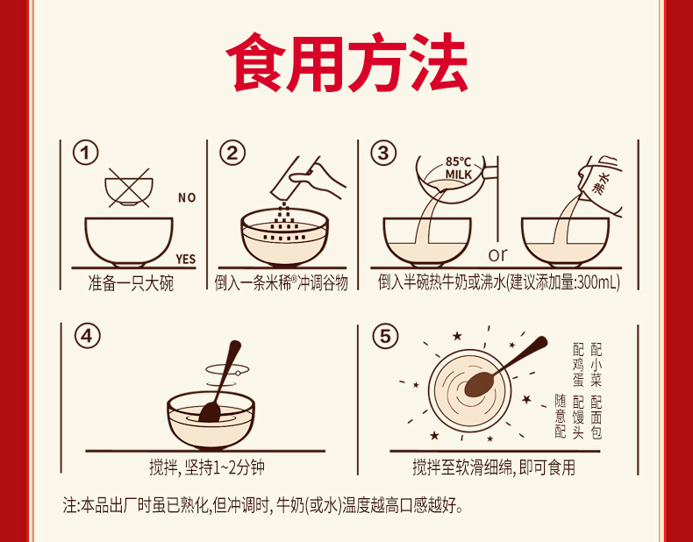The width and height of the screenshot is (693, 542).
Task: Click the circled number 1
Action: [x=86, y=153]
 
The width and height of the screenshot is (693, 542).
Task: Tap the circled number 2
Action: [x=232, y=153]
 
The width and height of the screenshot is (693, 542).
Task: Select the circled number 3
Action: [x=382, y=153]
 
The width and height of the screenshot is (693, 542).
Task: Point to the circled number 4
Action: [x=87, y=337]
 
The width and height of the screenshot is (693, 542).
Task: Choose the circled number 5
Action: [x=385, y=337]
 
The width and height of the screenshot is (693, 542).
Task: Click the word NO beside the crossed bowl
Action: [x=187, y=197]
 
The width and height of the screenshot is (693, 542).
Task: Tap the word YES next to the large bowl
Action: [x=185, y=259]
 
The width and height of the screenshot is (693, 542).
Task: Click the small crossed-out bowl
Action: [x=129, y=189]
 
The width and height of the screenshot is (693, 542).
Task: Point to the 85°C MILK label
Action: [x=458, y=168]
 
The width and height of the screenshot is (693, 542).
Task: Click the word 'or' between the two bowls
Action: [x=498, y=255]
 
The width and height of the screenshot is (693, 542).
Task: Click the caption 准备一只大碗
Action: [x=131, y=283]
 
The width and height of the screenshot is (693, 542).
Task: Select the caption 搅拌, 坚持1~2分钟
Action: [x=207, y=468]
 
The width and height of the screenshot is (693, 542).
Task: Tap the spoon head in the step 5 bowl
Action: [x=479, y=384]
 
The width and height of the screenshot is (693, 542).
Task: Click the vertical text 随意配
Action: [x=560, y=416]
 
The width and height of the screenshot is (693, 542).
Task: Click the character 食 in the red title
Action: [x=256, y=62]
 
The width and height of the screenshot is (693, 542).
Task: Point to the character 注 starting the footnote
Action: [x=69, y=506]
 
